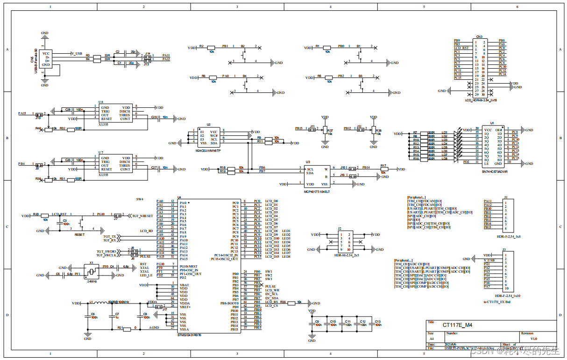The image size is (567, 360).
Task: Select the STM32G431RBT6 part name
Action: pyautogui.click(x=189, y=334)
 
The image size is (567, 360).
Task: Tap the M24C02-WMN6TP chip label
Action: pyautogui.click(x=208, y=150)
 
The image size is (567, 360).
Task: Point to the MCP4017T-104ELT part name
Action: pyautogui.click(x=317, y=191)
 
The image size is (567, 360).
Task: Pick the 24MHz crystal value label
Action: pyautogui.click(x=92, y=281)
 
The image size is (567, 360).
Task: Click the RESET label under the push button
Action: pyautogui.click(x=80, y=234)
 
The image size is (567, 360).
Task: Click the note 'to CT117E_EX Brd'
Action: pyautogui.click(x=497, y=302)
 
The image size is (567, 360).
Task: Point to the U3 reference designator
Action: pyautogui.click(x=307, y=162)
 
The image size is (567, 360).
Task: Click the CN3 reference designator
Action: pyautogui.click(x=479, y=36)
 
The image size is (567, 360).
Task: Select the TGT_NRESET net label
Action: pyautogui.click(x=142, y=216)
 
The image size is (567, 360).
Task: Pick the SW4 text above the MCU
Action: pyautogui.click(x=140, y=199)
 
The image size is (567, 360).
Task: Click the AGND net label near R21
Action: pyautogui.click(x=154, y=328)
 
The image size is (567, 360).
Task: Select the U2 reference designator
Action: pyautogui.click(x=208, y=125)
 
